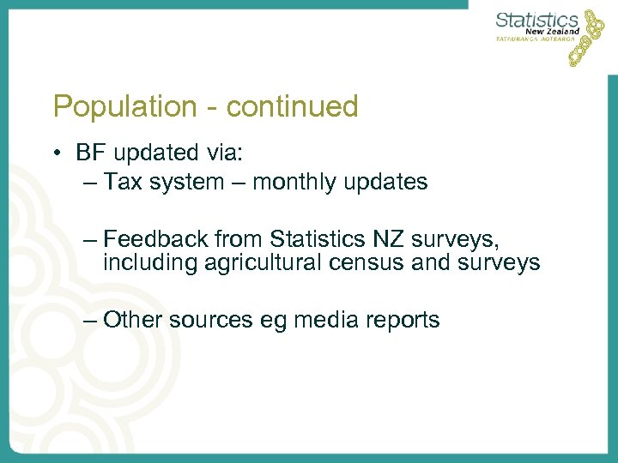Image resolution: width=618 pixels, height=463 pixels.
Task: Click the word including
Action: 151,262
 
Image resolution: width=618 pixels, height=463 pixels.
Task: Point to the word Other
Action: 133,320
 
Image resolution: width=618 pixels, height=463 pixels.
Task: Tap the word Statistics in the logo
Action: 536,20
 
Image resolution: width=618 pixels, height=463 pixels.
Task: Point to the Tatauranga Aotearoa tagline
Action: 537,39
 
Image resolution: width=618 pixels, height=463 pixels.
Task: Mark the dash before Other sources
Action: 91,320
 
